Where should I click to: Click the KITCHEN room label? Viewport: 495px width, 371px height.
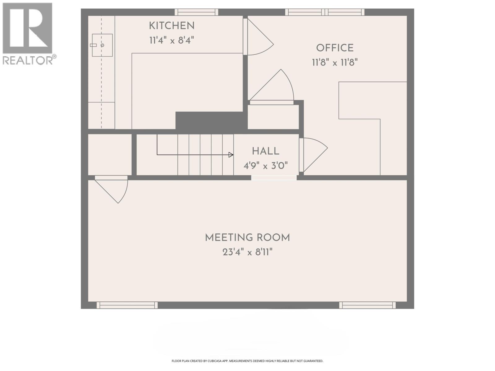tap(172, 26)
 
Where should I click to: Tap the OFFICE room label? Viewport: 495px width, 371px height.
tap(335, 48)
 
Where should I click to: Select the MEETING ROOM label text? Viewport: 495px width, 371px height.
tap(247, 238)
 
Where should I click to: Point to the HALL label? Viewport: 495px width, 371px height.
tap(265, 151)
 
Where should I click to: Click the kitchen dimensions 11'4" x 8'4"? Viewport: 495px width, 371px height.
tap(172, 41)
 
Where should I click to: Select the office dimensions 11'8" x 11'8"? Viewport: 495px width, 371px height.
tap(335, 62)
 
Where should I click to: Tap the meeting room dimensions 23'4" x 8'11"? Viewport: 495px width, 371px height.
tap(247, 252)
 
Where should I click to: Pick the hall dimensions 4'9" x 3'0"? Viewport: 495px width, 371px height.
tap(265, 166)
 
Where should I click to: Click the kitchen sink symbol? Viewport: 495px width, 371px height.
tap(102, 45)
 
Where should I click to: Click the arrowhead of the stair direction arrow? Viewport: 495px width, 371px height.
tap(231, 155)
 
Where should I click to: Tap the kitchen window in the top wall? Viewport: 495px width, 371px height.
tap(196, 12)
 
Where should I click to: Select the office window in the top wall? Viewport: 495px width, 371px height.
tap(325, 12)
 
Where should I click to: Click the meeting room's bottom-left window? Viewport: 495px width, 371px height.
tap(127, 305)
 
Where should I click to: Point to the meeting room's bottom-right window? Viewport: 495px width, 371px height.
tap(367, 305)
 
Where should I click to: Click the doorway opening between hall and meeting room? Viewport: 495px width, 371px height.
tap(274, 178)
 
